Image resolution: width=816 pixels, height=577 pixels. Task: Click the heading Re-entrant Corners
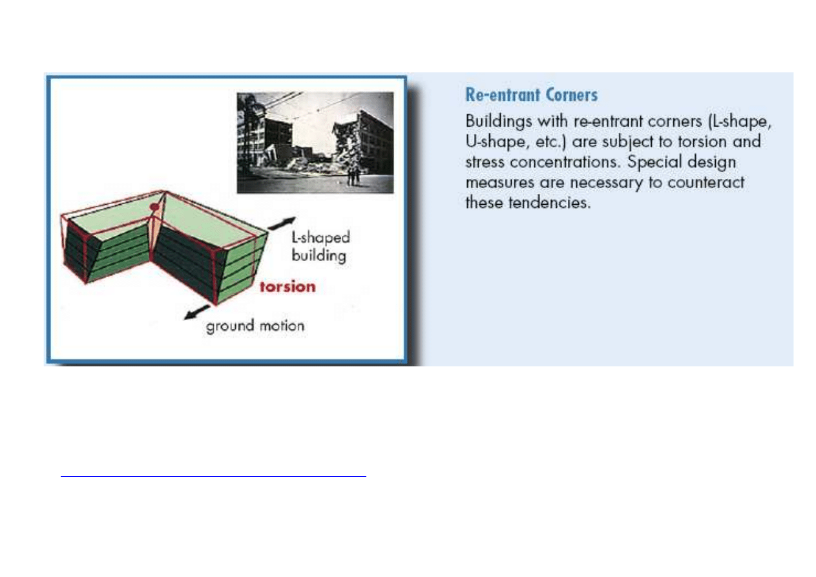pos(532,95)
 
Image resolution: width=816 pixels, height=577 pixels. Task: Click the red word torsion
pos(288,287)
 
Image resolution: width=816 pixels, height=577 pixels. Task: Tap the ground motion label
pos(255,326)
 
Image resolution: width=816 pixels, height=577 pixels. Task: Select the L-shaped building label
pos(320,247)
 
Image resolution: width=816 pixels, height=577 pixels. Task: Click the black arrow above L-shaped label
pos(282,223)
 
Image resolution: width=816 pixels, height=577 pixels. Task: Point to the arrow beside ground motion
pos(196,312)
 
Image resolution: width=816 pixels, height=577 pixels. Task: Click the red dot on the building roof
pos(154,207)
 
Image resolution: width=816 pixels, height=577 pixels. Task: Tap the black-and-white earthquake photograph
pos(315,142)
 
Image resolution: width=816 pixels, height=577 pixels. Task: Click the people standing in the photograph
pos(353,176)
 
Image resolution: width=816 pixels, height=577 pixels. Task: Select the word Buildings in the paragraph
pos(498,121)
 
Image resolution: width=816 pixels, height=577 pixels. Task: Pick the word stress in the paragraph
pos(485,162)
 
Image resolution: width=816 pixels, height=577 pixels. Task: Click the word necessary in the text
pos(607,183)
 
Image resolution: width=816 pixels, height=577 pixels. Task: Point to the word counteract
pos(706,182)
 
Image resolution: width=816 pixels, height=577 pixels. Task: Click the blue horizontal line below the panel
pos(213,476)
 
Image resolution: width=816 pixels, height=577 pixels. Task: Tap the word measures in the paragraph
pos(500,183)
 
